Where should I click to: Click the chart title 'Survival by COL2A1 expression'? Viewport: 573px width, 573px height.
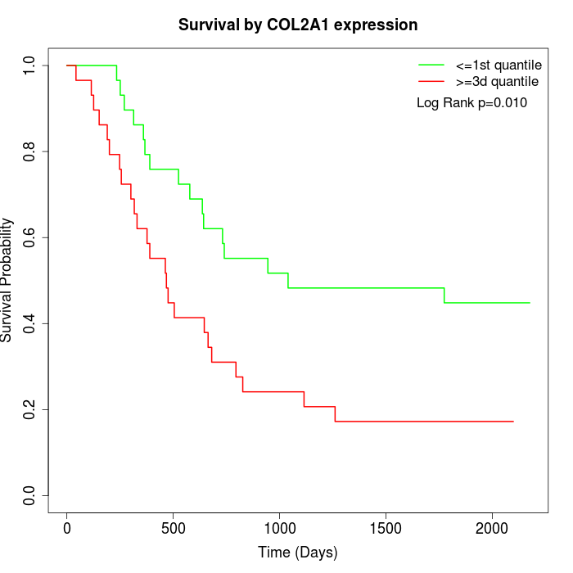click(x=298, y=25)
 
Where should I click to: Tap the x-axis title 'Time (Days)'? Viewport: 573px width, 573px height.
click(x=298, y=553)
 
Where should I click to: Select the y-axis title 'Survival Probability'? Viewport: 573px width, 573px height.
click(x=7, y=280)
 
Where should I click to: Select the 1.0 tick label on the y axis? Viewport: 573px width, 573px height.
click(x=30, y=65)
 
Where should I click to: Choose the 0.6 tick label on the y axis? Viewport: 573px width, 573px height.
click(x=30, y=237)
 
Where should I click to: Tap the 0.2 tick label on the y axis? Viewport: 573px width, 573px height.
click(x=30, y=409)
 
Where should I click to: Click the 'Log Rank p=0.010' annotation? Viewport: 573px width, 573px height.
click(x=471, y=103)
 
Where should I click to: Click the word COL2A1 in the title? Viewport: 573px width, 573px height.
click(x=308, y=25)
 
